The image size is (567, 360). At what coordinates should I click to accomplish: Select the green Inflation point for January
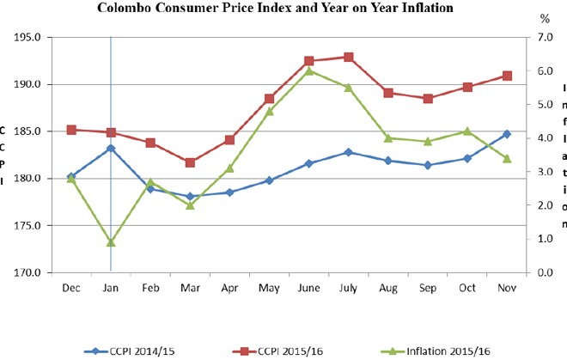[111, 242]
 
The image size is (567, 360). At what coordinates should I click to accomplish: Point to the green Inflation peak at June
[309, 70]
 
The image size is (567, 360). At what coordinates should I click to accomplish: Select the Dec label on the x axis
[71, 288]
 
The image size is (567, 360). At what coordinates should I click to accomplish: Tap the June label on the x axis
[309, 288]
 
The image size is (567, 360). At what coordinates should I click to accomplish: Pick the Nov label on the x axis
[507, 288]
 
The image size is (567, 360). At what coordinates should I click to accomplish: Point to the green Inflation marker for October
[467, 131]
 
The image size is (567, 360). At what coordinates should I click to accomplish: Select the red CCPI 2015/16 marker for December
[71, 130]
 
